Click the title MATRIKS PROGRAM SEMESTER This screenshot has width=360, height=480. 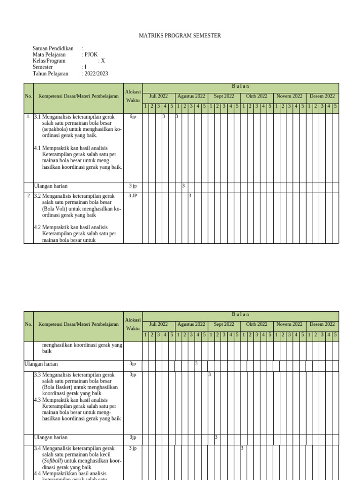(180, 36)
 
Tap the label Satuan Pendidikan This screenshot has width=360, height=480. (53, 48)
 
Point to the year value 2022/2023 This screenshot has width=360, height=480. (96, 74)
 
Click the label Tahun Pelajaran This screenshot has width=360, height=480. (50, 74)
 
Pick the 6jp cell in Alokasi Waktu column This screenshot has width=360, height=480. (133, 116)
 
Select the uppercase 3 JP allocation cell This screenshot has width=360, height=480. (133, 195)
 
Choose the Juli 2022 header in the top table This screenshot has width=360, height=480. (158, 96)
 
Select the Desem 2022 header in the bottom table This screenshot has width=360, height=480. (322, 324)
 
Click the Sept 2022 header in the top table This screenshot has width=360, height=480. (224, 96)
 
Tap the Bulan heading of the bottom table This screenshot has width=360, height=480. (240, 314)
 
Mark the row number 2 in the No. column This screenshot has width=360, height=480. (29, 195)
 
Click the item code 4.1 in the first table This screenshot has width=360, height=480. (37, 148)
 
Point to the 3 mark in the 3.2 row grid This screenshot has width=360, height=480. (190, 196)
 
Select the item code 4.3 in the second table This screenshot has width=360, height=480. (37, 400)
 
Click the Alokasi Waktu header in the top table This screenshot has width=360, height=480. (133, 96)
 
